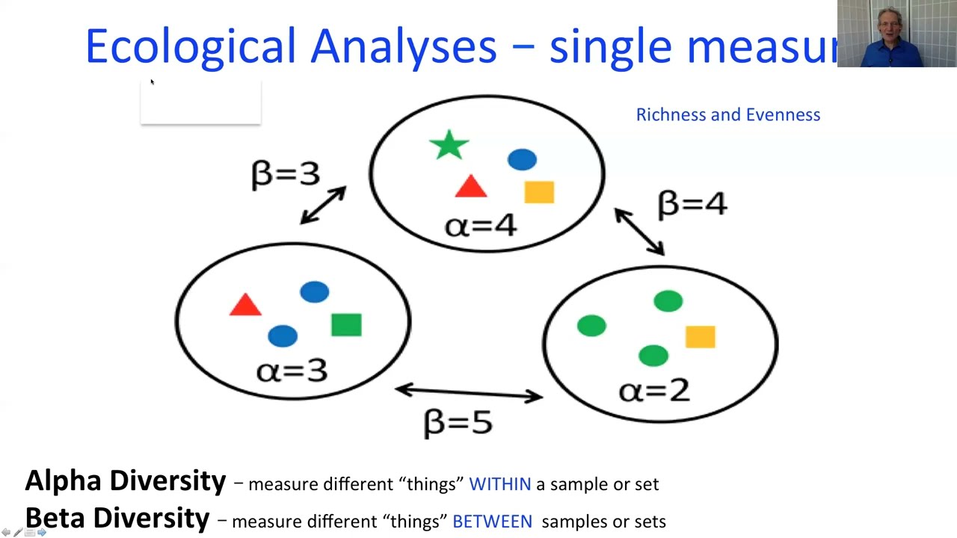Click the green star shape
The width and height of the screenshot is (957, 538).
click(x=449, y=146)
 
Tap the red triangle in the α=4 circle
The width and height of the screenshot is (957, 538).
click(x=470, y=188)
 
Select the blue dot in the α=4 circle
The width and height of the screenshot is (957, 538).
click(x=522, y=159)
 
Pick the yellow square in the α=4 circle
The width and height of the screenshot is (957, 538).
click(x=539, y=193)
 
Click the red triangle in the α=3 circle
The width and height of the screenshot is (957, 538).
click(x=245, y=305)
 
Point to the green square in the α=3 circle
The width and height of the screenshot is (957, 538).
click(x=346, y=325)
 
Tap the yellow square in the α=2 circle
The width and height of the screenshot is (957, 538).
click(x=700, y=337)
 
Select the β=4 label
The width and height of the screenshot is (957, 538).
click(x=692, y=204)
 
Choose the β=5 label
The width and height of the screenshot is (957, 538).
click(x=458, y=422)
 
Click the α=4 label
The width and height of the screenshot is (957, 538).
click(x=480, y=225)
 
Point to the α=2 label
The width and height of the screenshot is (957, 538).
click(x=654, y=390)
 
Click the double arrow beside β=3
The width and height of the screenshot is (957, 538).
click(x=323, y=205)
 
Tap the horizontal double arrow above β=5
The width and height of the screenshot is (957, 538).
click(x=469, y=392)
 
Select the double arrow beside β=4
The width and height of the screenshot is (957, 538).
click(x=639, y=232)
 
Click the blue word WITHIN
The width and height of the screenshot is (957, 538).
click(x=499, y=484)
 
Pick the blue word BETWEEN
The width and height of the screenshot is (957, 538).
click(x=492, y=522)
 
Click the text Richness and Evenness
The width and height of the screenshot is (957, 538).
click(x=727, y=114)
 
